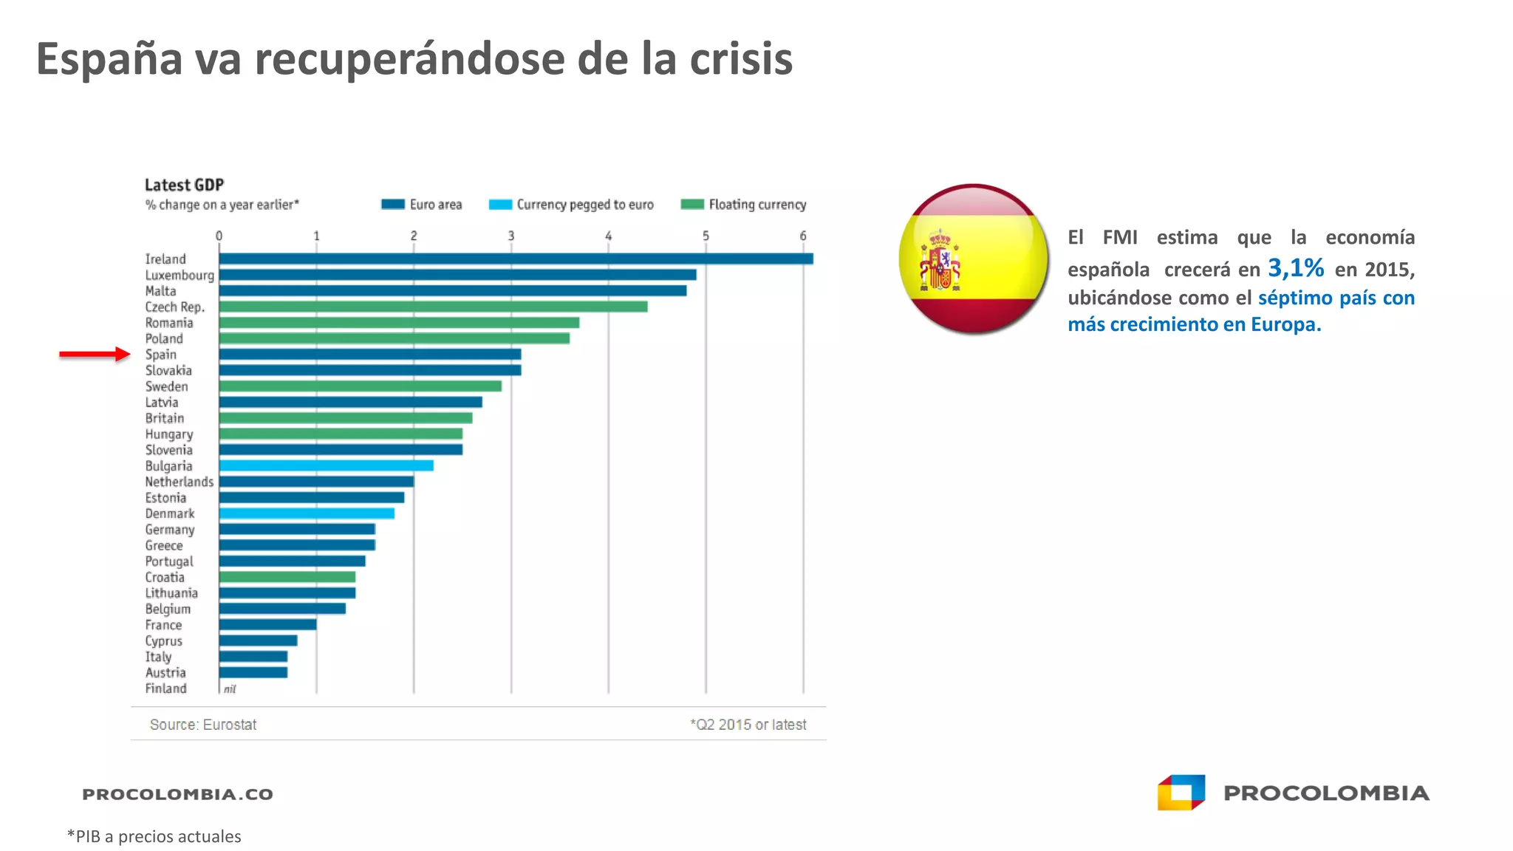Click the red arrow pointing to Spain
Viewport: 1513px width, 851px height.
tap(95, 355)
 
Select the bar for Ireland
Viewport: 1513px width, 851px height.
tap(516, 259)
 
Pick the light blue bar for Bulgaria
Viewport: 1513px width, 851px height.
tap(327, 465)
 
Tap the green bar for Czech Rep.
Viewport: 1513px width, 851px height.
tap(434, 307)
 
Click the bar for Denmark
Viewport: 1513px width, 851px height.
tap(307, 513)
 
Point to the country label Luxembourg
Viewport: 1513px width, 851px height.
tap(180, 276)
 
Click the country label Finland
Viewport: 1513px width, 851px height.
tap(165, 688)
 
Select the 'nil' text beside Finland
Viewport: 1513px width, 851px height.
tap(230, 689)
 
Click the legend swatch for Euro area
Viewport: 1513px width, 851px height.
tap(393, 204)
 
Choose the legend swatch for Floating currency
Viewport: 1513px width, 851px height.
tap(692, 204)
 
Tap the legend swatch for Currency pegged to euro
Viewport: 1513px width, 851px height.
tap(500, 204)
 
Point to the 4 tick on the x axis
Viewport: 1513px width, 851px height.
tap(609, 236)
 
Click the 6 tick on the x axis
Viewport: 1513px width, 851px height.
tap(803, 236)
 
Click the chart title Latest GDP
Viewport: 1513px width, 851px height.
tap(184, 185)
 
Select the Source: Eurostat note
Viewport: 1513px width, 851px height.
tap(203, 725)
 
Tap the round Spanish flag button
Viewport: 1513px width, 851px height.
tap(974, 259)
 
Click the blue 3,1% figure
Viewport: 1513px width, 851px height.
tap(1296, 267)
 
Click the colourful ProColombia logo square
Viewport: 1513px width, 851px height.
tap(1181, 793)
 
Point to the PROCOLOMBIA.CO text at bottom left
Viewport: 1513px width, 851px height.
tap(177, 794)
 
